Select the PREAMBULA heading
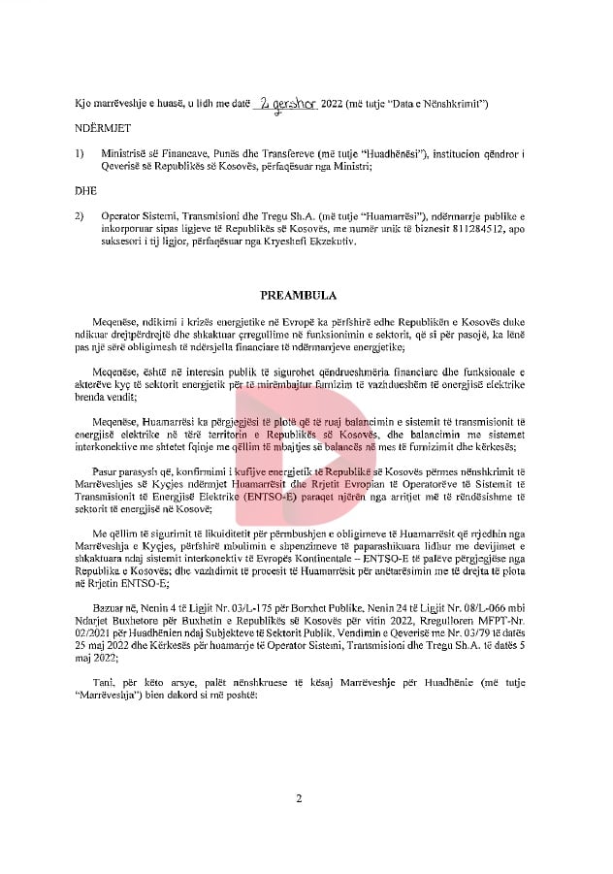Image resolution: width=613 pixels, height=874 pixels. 300,292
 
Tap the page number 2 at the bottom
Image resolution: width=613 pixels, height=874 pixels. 300,798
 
